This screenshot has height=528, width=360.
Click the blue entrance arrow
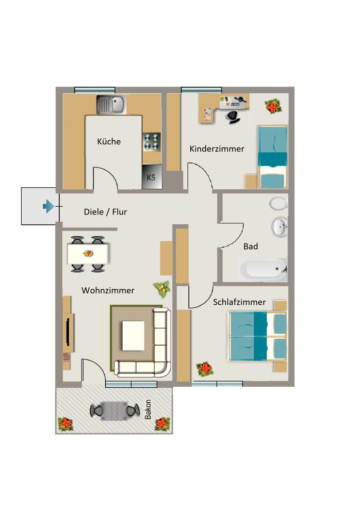click(48, 206)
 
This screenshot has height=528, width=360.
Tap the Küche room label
click(109, 141)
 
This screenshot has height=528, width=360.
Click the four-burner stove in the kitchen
click(151, 142)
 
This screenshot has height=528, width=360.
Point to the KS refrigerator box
click(152, 177)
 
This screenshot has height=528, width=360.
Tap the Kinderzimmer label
click(217, 148)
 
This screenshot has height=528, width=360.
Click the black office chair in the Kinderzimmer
click(233, 116)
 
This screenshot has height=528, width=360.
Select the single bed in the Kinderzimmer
click(273, 157)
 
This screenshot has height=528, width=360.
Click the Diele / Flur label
click(105, 212)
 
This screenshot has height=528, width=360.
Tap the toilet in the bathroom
click(279, 203)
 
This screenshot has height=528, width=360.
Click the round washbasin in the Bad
click(280, 227)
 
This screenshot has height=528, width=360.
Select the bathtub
click(263, 269)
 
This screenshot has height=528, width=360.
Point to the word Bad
click(251, 246)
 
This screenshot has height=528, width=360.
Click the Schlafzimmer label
click(239, 302)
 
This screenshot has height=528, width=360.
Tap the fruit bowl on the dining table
click(88, 254)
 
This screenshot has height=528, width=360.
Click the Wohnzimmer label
click(108, 290)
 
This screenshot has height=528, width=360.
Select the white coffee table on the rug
click(134, 336)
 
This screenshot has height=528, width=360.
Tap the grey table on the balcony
click(114, 411)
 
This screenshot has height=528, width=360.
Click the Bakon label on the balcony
click(148, 409)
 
